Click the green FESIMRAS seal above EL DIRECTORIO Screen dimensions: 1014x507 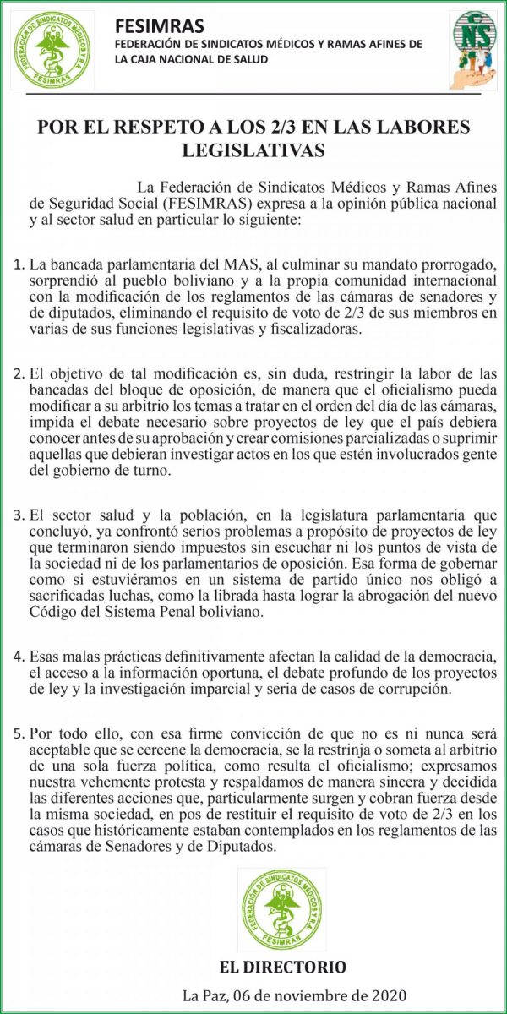coord(281,909)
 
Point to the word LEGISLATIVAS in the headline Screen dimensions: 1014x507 coord(253,150)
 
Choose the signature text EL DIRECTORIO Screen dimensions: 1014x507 coord(281,968)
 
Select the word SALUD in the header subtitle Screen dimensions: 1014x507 coord(248,59)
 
